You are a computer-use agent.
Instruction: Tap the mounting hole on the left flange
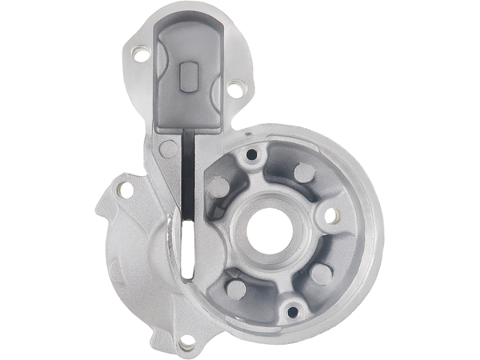[122, 190]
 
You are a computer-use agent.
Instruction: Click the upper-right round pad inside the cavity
[302, 174]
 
